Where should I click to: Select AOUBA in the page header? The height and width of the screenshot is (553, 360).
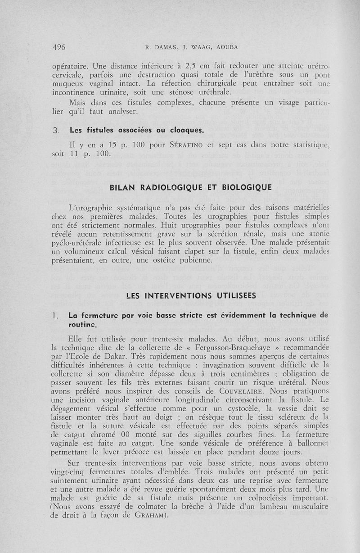225,47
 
